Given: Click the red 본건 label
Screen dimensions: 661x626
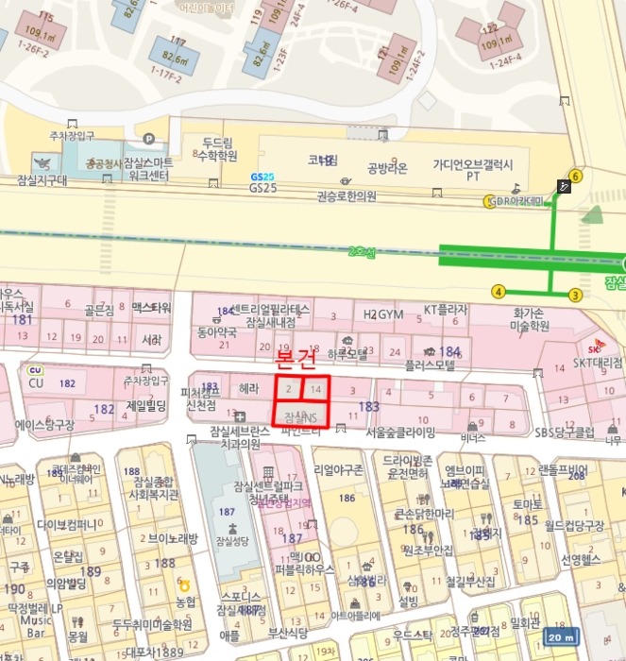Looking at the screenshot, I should [296, 360].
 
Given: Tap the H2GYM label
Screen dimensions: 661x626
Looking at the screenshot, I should [383, 314].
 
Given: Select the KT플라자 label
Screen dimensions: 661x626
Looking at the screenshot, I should [446, 309].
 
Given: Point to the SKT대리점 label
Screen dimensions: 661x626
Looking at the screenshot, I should [598, 362].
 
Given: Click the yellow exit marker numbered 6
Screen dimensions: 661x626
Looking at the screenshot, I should [576, 175].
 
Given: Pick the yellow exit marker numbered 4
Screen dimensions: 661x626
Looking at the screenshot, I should [499, 292].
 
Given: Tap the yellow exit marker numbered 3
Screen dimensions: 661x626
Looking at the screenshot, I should [575, 295].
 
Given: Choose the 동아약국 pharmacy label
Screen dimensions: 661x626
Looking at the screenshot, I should [216, 331].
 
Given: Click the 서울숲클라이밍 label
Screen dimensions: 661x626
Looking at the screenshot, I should [400, 432].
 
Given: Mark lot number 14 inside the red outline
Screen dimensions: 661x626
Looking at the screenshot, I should [316, 389].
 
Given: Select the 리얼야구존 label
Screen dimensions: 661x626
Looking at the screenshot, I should [339, 468].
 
